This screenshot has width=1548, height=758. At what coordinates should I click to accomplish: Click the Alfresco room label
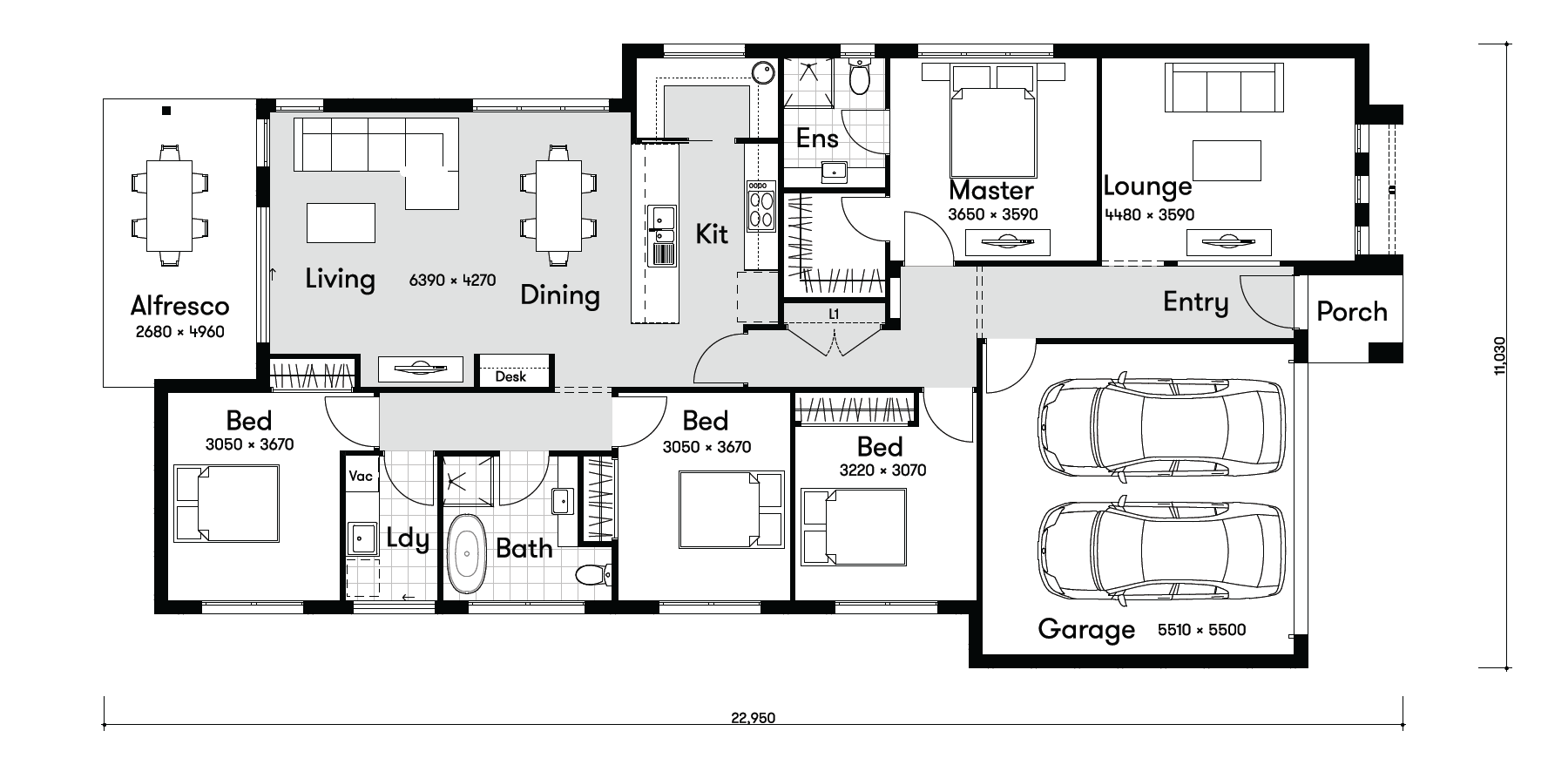(179, 306)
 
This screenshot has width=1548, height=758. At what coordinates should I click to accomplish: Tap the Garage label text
(1086, 629)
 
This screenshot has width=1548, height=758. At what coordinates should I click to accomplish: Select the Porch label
(1351, 311)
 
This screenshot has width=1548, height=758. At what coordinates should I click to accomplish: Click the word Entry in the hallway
(1195, 302)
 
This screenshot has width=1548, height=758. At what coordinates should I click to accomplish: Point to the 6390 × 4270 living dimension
(452, 280)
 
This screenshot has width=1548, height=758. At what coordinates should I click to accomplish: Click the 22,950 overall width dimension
(754, 719)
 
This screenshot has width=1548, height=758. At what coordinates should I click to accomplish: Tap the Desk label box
(510, 376)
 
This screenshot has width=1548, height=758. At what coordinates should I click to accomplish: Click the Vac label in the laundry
(361, 476)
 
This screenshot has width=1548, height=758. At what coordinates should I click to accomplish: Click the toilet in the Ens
(860, 76)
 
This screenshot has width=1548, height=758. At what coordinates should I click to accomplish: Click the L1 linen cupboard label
(834, 314)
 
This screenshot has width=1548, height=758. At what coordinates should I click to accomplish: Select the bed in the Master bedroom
(993, 119)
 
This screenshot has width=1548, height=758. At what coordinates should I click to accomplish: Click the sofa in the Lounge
(1225, 87)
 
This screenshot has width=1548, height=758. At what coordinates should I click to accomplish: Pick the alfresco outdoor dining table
(170, 206)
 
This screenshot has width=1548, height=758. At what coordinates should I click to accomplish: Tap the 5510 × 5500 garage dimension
(1202, 630)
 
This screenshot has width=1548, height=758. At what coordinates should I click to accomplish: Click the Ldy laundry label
(408, 538)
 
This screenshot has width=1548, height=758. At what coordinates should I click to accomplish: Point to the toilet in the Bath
(593, 574)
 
